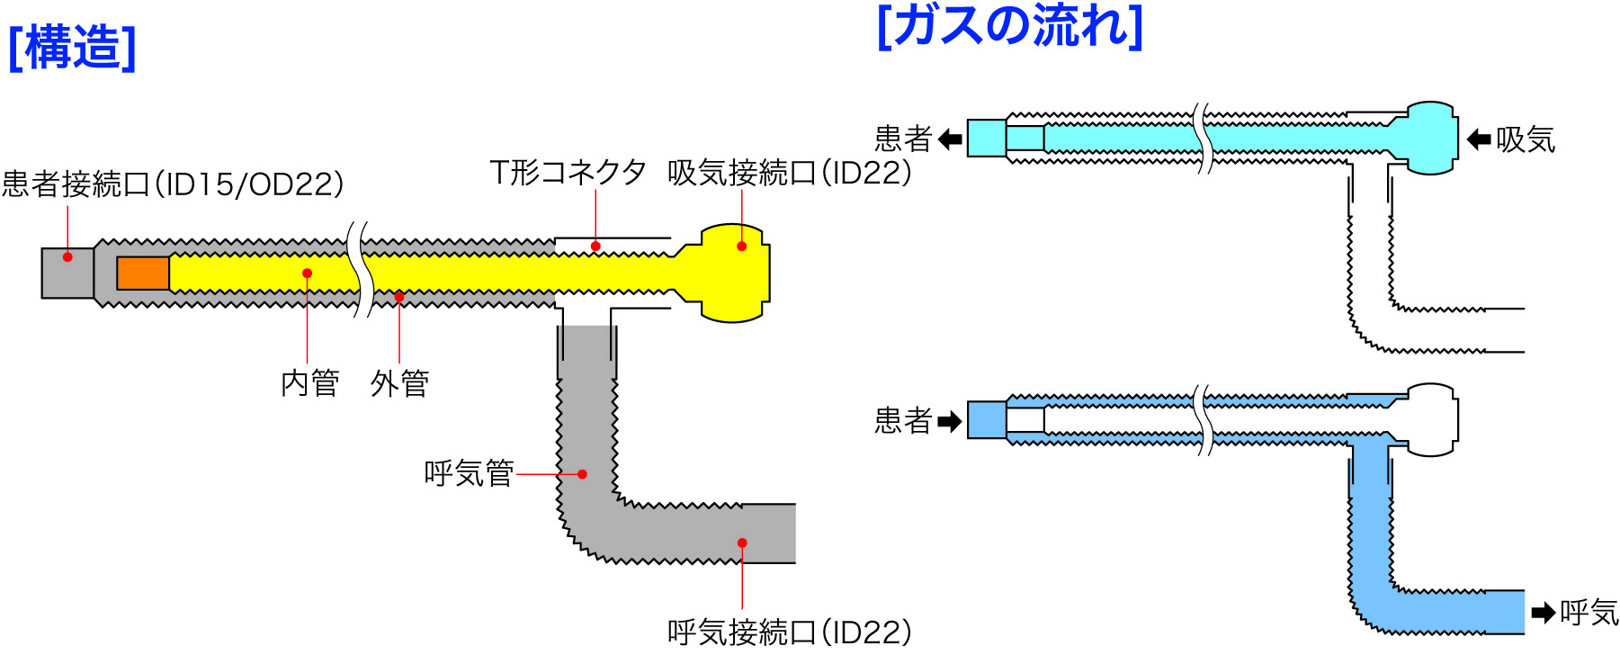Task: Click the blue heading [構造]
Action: [x=72, y=47]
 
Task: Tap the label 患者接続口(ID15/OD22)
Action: [x=173, y=184]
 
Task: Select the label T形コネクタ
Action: [x=568, y=172]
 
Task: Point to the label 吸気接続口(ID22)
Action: [x=789, y=172]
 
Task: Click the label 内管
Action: [x=309, y=383]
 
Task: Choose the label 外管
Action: [x=399, y=383]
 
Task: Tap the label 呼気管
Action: [x=468, y=473]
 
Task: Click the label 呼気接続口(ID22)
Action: [x=789, y=632]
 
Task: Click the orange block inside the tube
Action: [x=143, y=274]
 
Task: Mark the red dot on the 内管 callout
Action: [x=308, y=274]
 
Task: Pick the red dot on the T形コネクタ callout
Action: [x=595, y=246]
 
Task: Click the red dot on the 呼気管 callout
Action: [x=583, y=474]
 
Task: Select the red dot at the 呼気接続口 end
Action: [x=742, y=543]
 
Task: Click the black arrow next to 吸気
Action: [x=1478, y=139]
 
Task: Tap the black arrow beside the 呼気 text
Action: [x=1543, y=614]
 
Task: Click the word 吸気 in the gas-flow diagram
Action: [x=1526, y=139]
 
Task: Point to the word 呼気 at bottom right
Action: [x=1589, y=613]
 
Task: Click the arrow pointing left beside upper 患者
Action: [x=950, y=139]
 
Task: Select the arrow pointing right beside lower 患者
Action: [x=950, y=421]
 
